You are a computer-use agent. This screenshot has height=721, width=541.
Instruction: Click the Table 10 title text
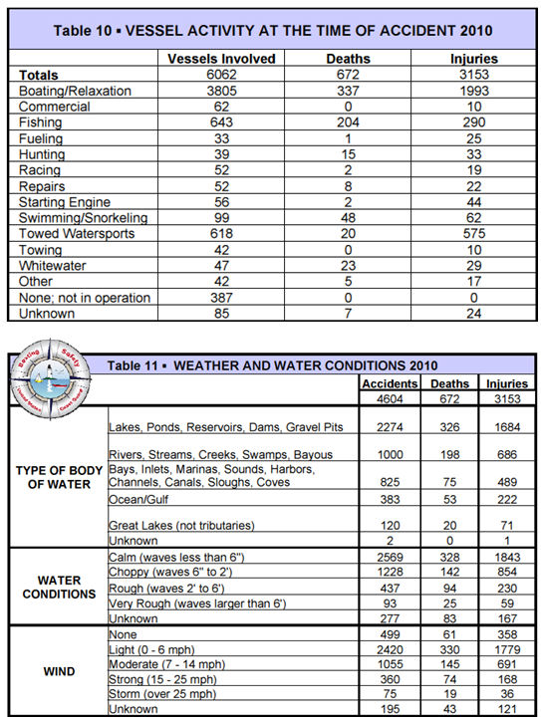(x=271, y=31)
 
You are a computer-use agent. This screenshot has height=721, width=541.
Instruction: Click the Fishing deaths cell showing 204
(x=346, y=122)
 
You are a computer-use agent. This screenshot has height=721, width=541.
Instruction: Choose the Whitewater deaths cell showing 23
(x=346, y=266)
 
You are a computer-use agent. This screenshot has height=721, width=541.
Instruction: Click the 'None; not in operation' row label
(x=85, y=298)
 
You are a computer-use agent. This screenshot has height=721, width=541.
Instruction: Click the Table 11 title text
(x=272, y=365)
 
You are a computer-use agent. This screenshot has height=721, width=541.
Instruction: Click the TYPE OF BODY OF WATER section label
(x=55, y=477)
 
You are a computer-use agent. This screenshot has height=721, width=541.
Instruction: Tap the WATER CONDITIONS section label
(x=55, y=587)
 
